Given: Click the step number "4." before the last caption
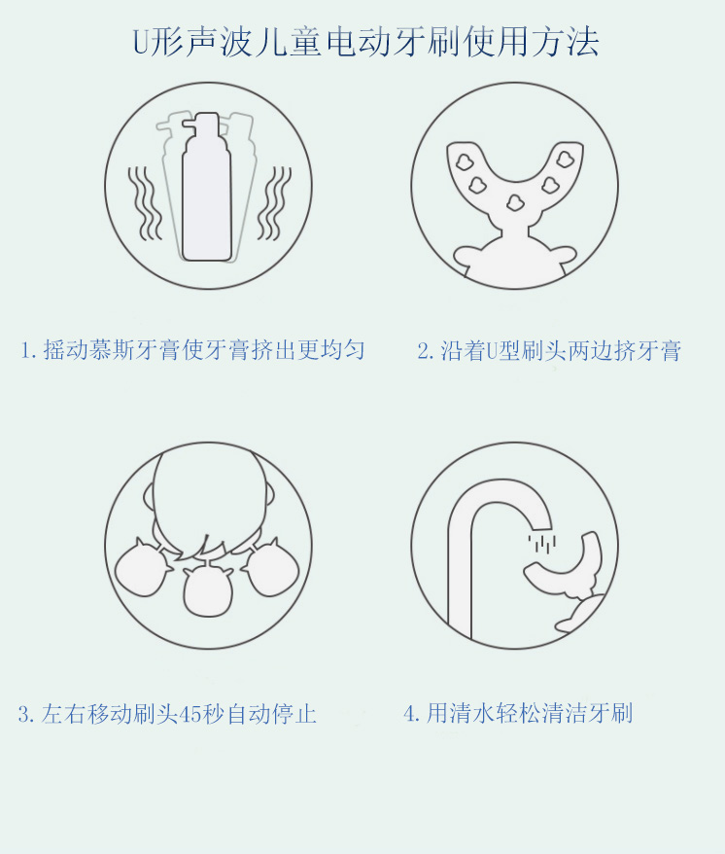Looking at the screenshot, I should coord(412,714).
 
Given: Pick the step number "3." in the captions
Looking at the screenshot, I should coord(26,715).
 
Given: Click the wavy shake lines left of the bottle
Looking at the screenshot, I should coord(146,202).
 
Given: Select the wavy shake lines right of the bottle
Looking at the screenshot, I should coord(278,202).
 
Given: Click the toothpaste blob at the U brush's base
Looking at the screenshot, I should coord(513,202).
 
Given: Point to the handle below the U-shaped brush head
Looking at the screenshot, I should coord(514,255).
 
